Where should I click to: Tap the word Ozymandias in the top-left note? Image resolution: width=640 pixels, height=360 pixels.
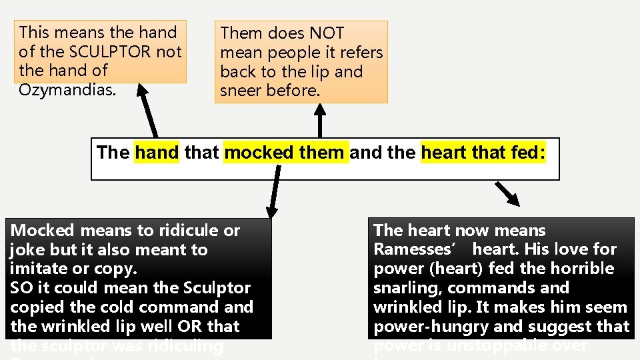coord(67,89)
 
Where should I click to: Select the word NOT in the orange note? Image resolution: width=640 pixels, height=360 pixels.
coord(327,33)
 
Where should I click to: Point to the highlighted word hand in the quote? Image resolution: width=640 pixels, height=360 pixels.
coord(157,153)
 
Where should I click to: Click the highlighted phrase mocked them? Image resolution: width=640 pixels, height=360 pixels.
coord(285,153)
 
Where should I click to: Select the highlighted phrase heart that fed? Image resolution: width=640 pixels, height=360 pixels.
coord(483,153)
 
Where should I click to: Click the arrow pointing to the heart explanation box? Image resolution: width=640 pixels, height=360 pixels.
coord(508,193)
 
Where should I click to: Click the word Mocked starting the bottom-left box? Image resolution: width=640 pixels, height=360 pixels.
coord(43,231)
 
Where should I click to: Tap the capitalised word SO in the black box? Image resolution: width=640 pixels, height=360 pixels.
coord(20,289)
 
